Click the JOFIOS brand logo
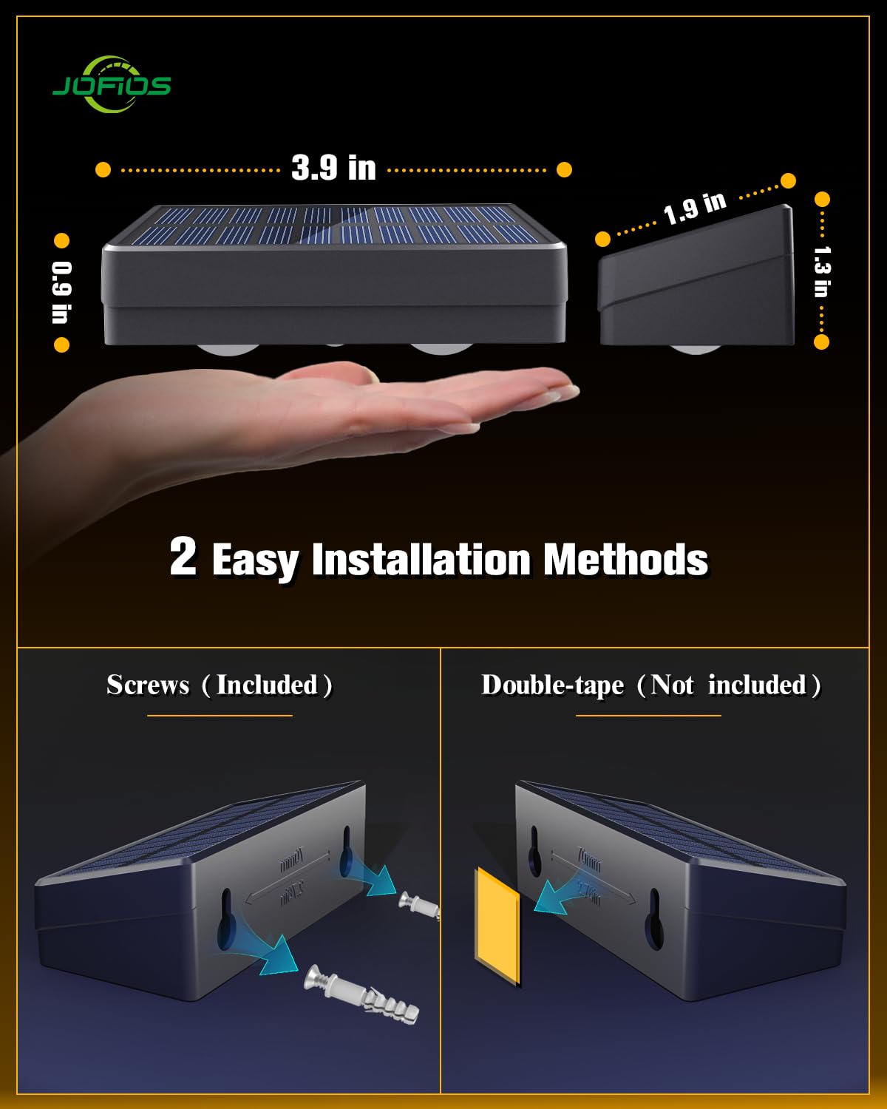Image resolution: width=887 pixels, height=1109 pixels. [x=112, y=85]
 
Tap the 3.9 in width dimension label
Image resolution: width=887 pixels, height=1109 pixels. [x=333, y=169]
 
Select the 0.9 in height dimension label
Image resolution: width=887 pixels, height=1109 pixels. [x=61, y=292]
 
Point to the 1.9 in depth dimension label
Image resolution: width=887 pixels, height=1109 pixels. [x=694, y=208]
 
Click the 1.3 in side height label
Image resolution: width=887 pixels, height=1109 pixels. [x=821, y=271]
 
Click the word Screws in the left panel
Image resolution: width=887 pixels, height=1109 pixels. [x=148, y=685]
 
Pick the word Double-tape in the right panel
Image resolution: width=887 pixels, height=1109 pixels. [x=552, y=685]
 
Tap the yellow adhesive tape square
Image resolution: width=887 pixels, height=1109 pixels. [x=497, y=926]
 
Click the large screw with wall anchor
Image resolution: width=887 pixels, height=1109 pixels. [x=362, y=993]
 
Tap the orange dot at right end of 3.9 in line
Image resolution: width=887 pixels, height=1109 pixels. [x=564, y=170]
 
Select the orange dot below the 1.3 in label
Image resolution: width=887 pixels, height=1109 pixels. [x=821, y=342]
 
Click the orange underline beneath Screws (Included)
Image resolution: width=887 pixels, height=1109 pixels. [x=220, y=715]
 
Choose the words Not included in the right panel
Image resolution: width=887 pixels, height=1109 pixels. [x=728, y=685]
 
